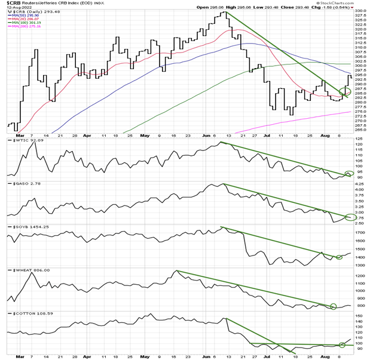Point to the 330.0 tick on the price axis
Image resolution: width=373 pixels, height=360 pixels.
click(x=360, y=11)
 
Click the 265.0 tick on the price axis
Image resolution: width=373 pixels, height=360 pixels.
click(x=360, y=130)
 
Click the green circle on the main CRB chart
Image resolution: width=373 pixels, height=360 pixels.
click(x=345, y=91)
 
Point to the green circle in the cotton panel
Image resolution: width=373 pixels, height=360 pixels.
click(x=348, y=343)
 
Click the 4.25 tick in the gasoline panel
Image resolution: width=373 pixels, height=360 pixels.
click(x=359, y=185)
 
